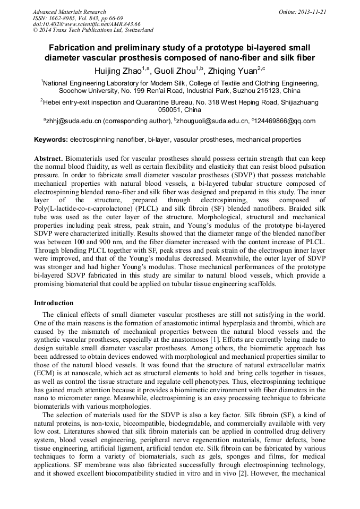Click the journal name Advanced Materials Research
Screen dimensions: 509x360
tap(70, 12)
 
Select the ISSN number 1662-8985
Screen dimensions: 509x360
tap(62, 18)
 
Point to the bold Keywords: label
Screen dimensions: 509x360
tap(51, 140)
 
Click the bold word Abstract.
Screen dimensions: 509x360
tap(48, 159)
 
